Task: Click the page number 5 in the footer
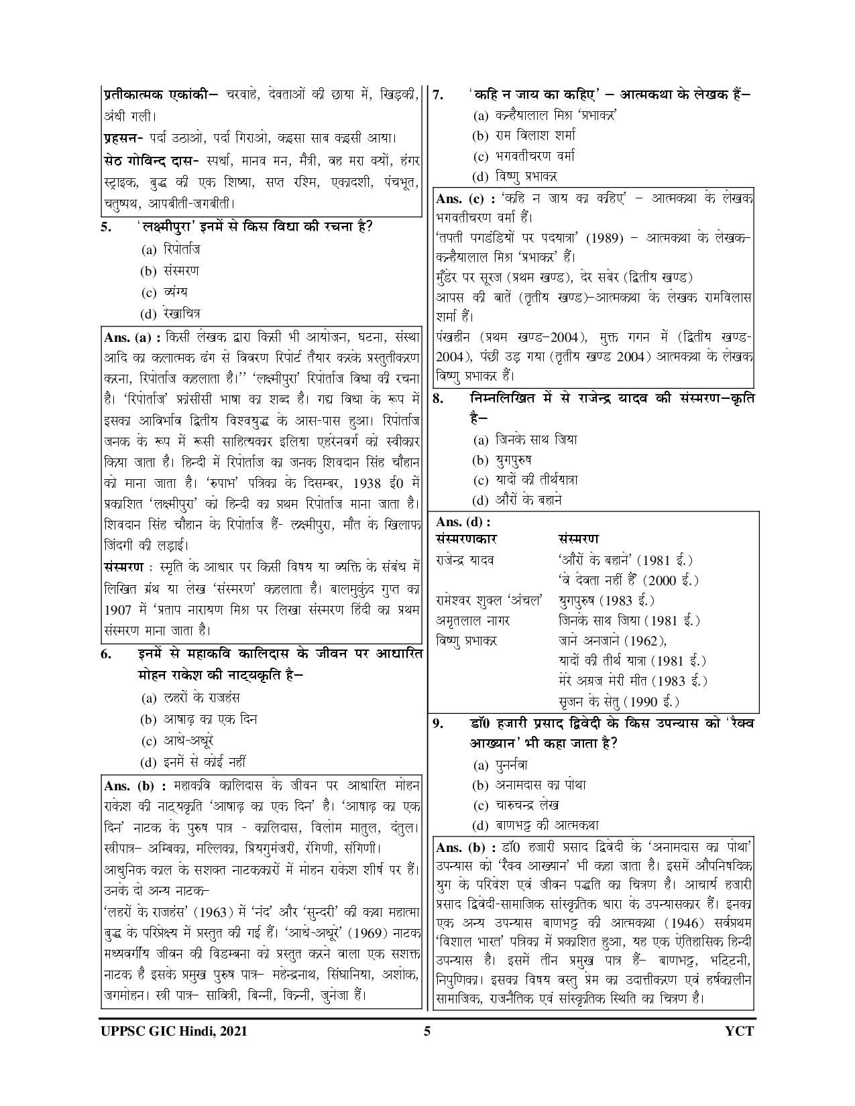pos(426,1032)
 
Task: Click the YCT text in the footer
pos(741,1032)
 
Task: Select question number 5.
pos(107,227)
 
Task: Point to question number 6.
pos(107,655)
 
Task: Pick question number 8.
pos(439,399)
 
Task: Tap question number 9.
pos(439,723)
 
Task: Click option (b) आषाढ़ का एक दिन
pos(198,719)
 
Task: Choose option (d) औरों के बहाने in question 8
pos(516,500)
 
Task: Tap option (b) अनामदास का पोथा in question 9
pos(530,785)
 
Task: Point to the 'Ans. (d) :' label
pos(463,522)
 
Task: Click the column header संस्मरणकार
pos(467,539)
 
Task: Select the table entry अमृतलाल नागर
pos(473,621)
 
